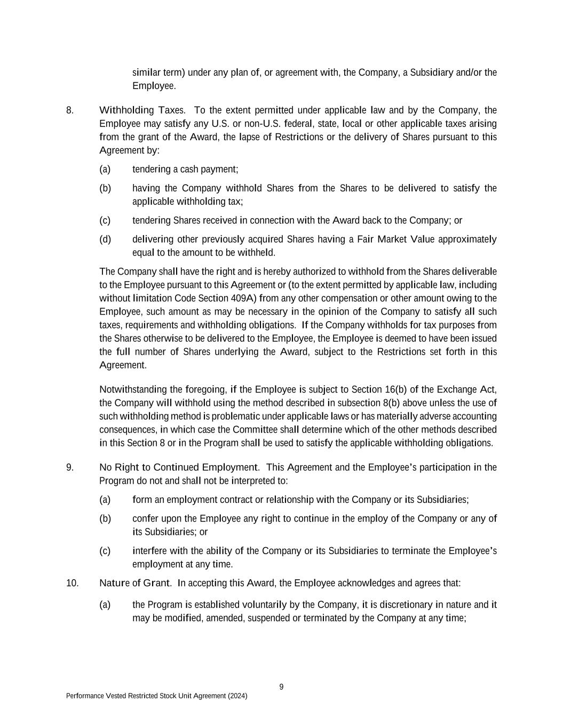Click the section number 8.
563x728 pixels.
[69, 110]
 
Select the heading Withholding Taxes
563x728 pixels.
[142, 110]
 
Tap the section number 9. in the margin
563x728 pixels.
[70, 467]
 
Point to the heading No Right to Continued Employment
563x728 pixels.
[179, 467]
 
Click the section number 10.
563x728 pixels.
[72, 583]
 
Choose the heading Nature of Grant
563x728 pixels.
[136, 583]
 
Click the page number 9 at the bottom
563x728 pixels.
[281, 687]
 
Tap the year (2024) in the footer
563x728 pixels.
[237, 696]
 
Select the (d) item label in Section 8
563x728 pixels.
[105, 239]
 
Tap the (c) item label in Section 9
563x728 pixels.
[105, 550]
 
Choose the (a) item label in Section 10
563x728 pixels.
[105, 604]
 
